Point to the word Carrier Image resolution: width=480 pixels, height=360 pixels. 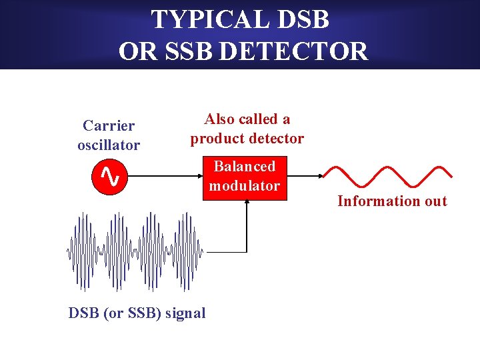tap(109, 125)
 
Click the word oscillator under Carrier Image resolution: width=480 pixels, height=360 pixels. tap(109, 145)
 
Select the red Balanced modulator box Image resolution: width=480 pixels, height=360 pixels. tap(244, 177)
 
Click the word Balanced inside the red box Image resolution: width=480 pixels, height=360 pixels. tap(244, 167)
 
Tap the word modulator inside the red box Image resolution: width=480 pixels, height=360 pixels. tap(244, 186)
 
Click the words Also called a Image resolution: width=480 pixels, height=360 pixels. tap(247, 119)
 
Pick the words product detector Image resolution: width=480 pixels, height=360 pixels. tap(247, 139)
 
